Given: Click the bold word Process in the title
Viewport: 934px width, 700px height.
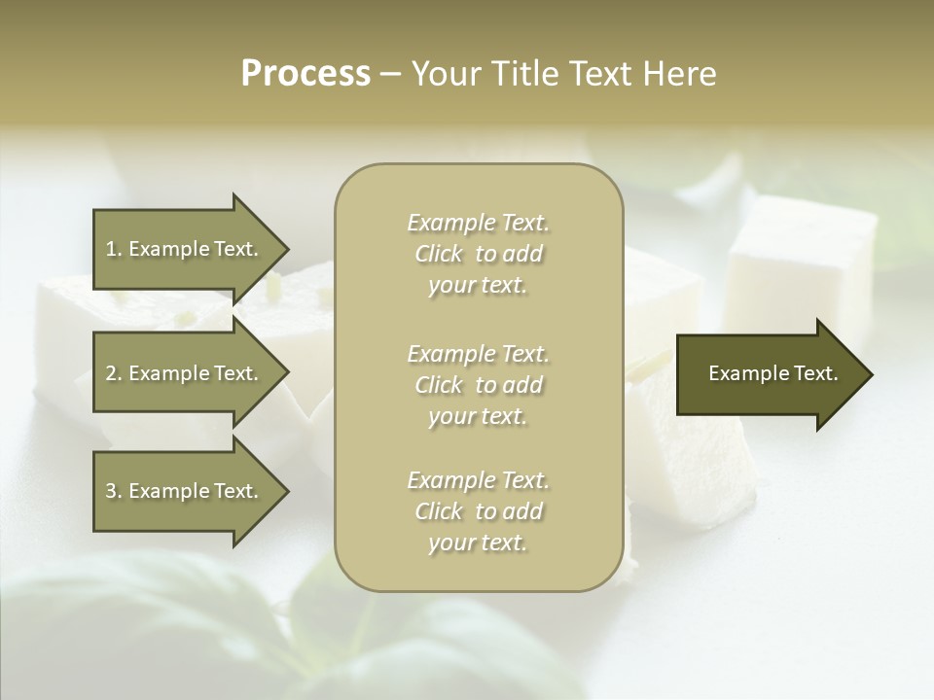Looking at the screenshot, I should (305, 74).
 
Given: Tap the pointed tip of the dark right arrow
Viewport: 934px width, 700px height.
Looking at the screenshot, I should (870, 374).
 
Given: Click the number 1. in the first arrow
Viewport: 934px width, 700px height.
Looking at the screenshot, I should (114, 249).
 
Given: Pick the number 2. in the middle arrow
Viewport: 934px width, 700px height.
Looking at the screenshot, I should (114, 373).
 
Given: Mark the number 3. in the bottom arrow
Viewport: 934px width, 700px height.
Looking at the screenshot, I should (114, 491).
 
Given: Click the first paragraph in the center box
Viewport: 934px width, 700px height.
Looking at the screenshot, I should (479, 254).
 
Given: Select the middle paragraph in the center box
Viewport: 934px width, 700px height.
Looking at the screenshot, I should (479, 385).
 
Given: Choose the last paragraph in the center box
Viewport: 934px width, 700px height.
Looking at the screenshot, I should (479, 511).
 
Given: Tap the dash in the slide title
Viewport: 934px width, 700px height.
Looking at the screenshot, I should (391, 74).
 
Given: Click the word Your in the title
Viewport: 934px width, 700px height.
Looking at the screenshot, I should (444, 74).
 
